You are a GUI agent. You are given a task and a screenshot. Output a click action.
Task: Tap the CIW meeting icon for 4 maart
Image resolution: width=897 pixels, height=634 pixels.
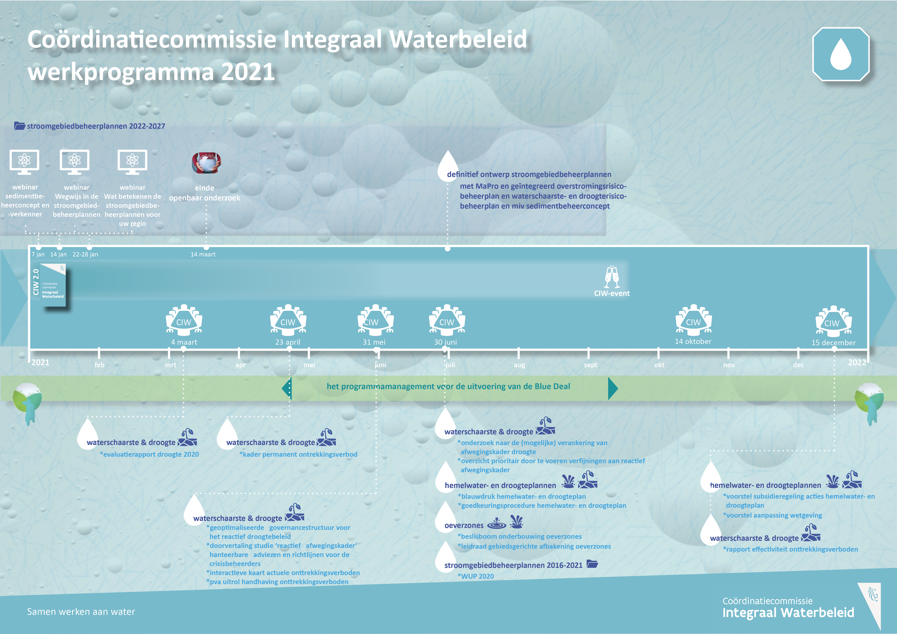184,320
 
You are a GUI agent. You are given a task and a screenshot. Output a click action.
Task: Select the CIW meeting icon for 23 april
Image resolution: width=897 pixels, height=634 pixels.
288,320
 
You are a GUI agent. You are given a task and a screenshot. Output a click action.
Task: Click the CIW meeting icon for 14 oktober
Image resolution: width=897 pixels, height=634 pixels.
693,320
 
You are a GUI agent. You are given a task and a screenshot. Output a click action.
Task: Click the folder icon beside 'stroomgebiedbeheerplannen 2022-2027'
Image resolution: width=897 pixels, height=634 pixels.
20,126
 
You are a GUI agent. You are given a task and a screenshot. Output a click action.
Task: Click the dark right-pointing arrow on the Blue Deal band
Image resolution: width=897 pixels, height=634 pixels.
613,388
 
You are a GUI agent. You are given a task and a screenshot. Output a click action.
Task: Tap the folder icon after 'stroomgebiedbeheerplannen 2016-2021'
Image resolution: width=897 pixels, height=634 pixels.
592,564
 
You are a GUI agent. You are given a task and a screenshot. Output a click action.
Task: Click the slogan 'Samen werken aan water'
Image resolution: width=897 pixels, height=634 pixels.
81,612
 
